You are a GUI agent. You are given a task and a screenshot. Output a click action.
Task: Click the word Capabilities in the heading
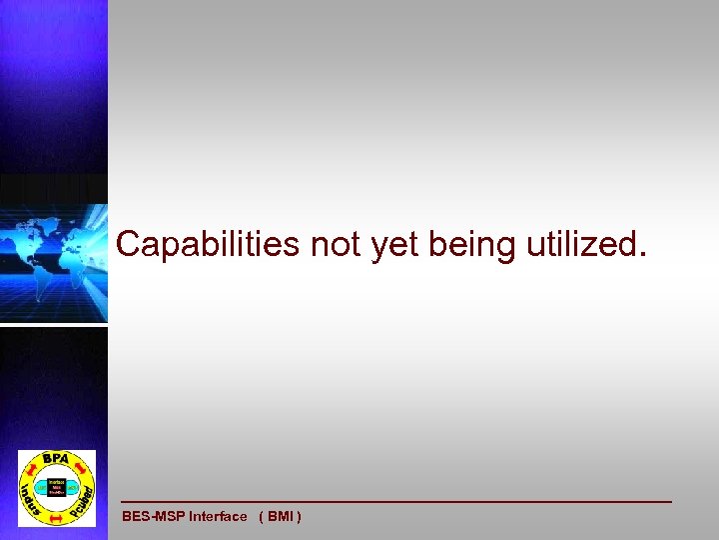pos(208,243)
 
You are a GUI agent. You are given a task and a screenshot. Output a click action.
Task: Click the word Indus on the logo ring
pos(31,497)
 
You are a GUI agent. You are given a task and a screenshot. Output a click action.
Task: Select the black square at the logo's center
pos(57,487)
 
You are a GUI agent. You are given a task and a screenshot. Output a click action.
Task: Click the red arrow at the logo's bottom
pos(57,518)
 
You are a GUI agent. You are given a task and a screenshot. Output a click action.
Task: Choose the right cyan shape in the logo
pos(74,487)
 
